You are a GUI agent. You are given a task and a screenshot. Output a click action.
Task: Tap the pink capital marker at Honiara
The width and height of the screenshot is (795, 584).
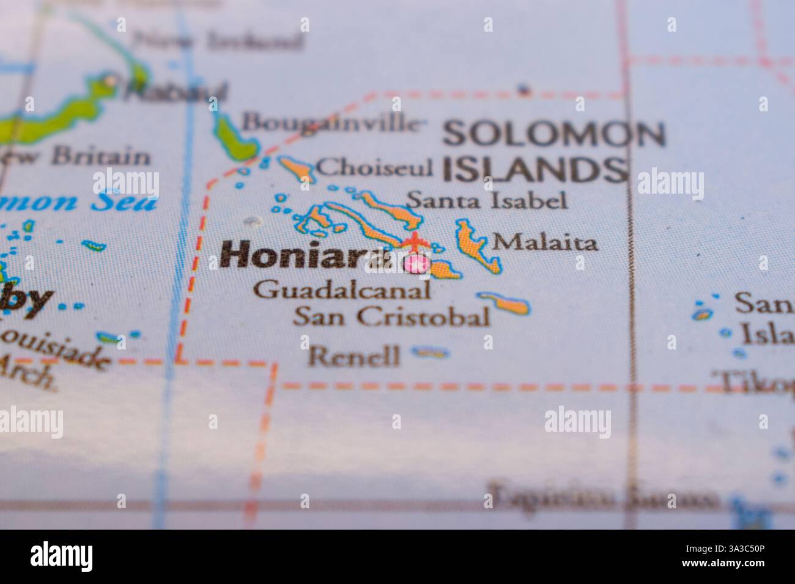click(x=418, y=264)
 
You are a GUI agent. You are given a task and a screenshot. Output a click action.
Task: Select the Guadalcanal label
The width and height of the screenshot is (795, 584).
click(x=341, y=290)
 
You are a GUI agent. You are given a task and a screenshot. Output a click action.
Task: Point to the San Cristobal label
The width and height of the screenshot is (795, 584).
click(x=391, y=316)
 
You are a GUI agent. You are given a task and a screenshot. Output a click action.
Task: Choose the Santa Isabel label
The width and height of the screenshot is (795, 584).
click(x=487, y=200)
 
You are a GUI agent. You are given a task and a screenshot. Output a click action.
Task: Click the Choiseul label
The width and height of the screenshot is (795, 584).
click(x=375, y=167)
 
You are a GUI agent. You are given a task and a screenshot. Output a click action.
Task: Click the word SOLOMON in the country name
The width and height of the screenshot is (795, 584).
click(x=554, y=134)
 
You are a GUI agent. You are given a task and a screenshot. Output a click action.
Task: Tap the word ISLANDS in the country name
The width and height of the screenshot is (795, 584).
click(x=535, y=169)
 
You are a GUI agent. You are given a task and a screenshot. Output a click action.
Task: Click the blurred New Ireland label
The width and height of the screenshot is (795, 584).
click(x=217, y=41)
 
